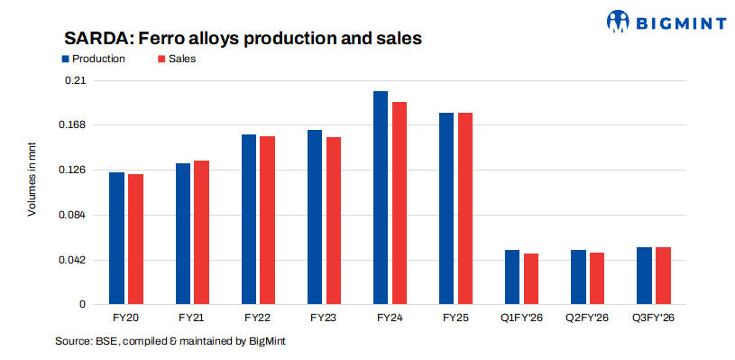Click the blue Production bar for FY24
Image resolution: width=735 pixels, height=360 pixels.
(381, 198)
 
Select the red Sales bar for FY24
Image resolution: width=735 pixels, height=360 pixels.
(399, 204)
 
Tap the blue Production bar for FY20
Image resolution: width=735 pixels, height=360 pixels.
(117, 238)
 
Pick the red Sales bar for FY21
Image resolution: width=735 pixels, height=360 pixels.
(201, 233)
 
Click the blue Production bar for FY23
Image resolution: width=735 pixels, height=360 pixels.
(315, 217)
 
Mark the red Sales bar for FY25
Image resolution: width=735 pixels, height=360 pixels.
(465, 209)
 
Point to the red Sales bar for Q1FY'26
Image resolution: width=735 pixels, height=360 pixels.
(531, 280)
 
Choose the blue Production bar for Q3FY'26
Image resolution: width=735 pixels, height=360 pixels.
(644, 276)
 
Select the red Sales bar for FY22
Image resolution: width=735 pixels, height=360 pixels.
(267, 221)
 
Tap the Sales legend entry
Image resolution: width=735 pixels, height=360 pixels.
(177, 59)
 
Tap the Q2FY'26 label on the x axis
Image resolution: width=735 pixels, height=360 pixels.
(587, 318)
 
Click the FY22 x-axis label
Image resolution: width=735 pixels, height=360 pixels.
(257, 318)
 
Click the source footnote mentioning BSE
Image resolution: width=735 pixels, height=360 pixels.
(170, 342)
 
